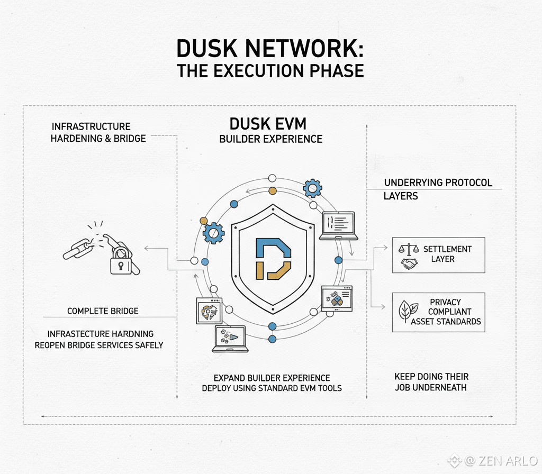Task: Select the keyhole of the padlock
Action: (121, 265)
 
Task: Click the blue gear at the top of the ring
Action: (312, 188)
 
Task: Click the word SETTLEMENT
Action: (447, 249)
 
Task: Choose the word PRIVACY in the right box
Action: (445, 302)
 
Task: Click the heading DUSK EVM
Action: (268, 124)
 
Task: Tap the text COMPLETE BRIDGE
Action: (103, 311)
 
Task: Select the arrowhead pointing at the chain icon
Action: (147, 248)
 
